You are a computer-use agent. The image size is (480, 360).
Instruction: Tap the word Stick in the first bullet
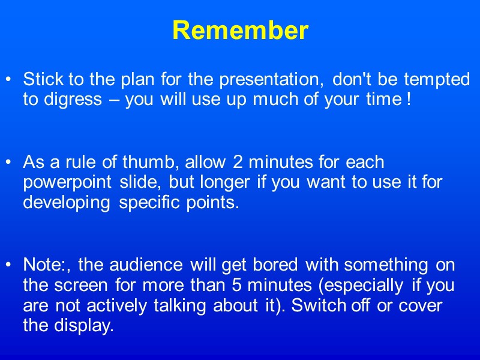37,79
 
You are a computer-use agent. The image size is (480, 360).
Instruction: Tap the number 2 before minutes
239,162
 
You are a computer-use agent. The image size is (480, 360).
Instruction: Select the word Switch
318,305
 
